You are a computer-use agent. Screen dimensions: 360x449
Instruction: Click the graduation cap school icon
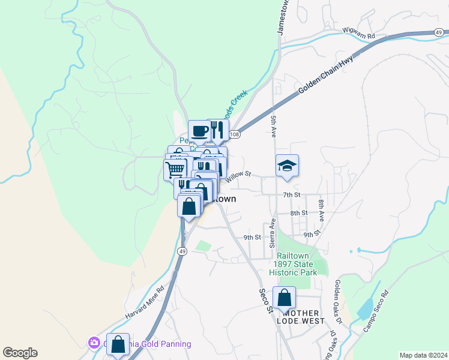click(287, 166)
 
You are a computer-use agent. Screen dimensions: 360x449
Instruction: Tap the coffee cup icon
click(199, 130)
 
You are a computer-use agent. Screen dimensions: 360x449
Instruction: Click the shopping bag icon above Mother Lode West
click(284, 298)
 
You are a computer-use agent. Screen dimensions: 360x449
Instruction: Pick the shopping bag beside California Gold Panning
click(118, 344)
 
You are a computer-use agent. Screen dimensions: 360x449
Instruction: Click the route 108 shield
click(235, 135)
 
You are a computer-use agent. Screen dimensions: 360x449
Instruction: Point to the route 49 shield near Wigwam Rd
click(439, 32)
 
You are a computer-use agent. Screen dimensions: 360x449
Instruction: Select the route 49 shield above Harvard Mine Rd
click(182, 251)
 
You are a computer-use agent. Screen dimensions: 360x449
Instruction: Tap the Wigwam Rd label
click(358, 33)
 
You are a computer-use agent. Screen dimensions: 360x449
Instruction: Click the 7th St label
click(291, 195)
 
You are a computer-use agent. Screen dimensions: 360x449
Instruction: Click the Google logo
click(20, 353)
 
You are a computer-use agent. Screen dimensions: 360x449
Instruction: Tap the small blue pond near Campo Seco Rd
click(364, 308)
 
